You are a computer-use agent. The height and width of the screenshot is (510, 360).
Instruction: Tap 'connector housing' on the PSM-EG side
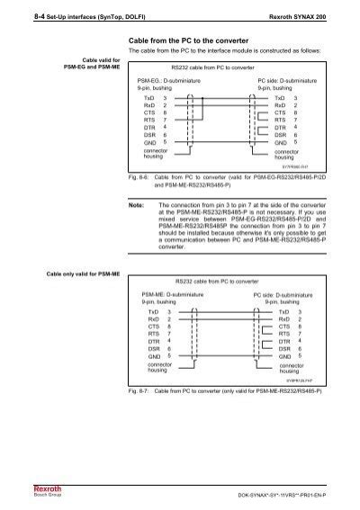(159, 156)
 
